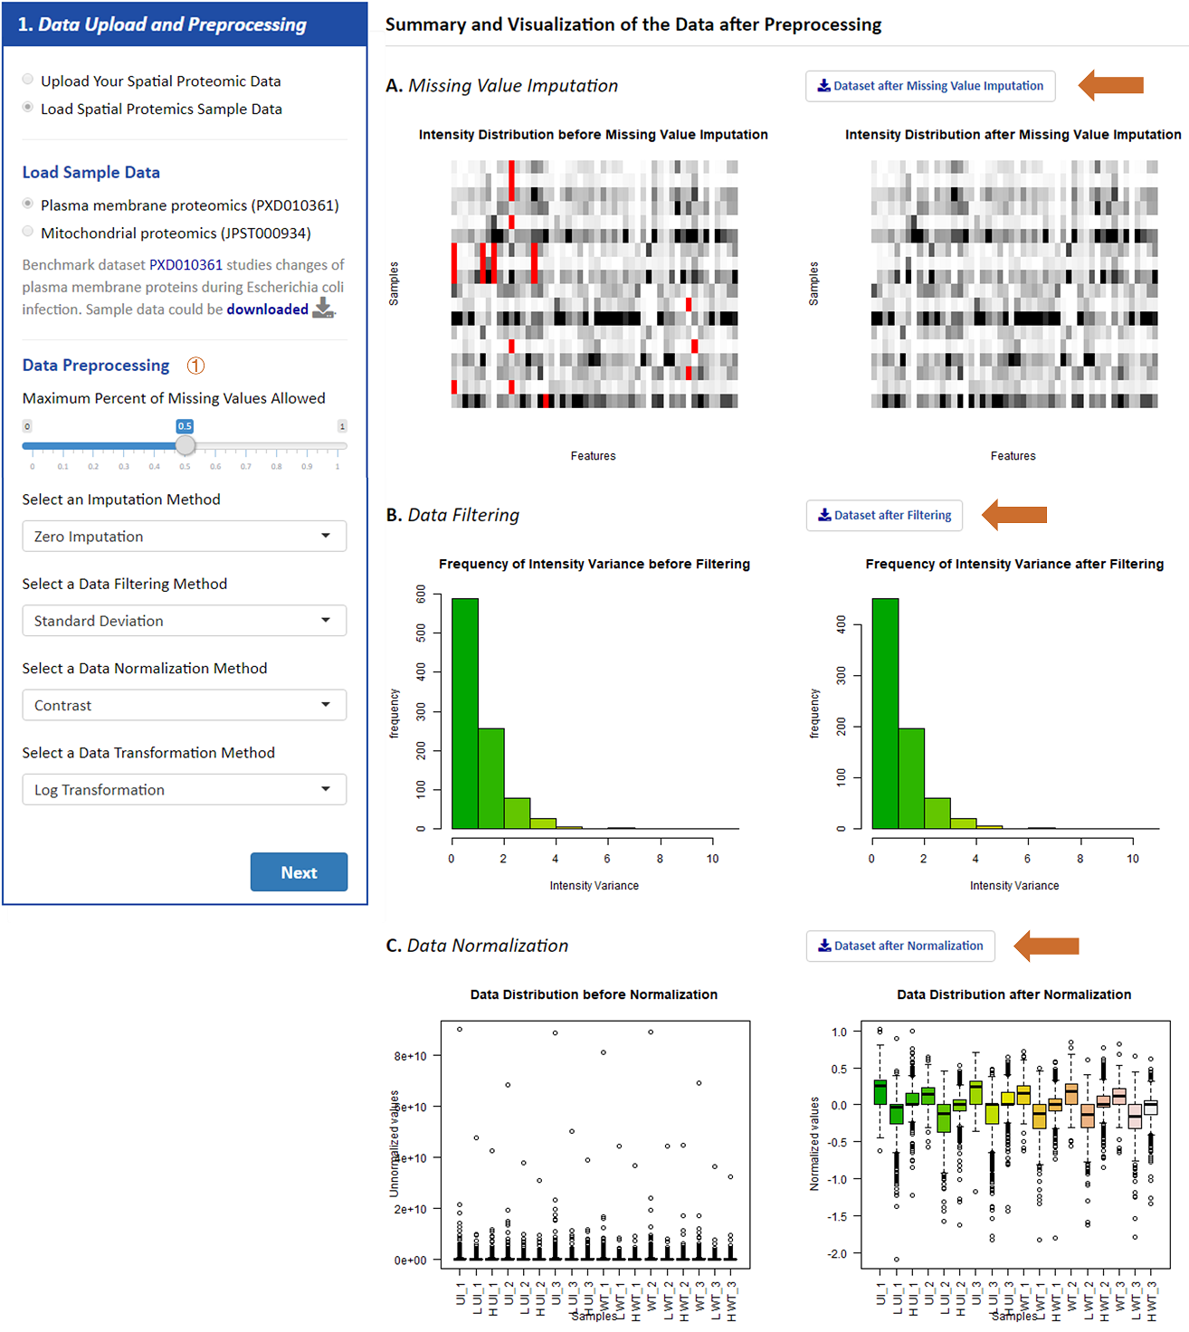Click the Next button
pos(299,871)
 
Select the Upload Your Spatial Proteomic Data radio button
pos(28,80)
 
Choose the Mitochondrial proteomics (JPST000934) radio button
pos(28,232)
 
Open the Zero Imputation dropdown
pos(184,536)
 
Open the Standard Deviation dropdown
pos(184,620)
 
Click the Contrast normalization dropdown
pos(184,704)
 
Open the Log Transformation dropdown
pos(184,789)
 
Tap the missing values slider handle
pos(185,445)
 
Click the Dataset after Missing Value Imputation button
pos(930,86)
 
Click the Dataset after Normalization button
pos(900,946)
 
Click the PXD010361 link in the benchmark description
pos(185,265)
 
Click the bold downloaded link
pos(267,309)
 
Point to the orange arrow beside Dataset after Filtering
pos(1014,515)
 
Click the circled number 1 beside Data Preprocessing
pos(195,366)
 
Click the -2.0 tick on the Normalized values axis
pos(839,1253)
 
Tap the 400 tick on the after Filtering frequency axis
pos(842,625)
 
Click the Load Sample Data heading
pos(90,172)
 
